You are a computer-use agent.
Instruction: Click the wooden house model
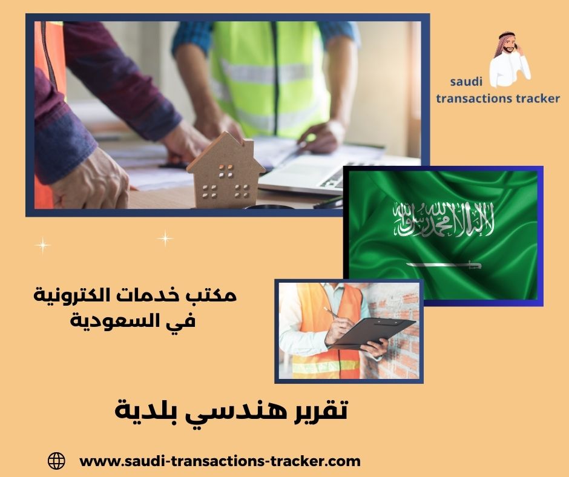[225, 173]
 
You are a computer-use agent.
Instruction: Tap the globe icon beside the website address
[56, 461]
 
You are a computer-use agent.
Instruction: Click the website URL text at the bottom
[220, 461]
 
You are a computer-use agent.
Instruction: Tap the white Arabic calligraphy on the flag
[443, 219]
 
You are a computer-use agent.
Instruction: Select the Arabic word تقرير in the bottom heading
[312, 411]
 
